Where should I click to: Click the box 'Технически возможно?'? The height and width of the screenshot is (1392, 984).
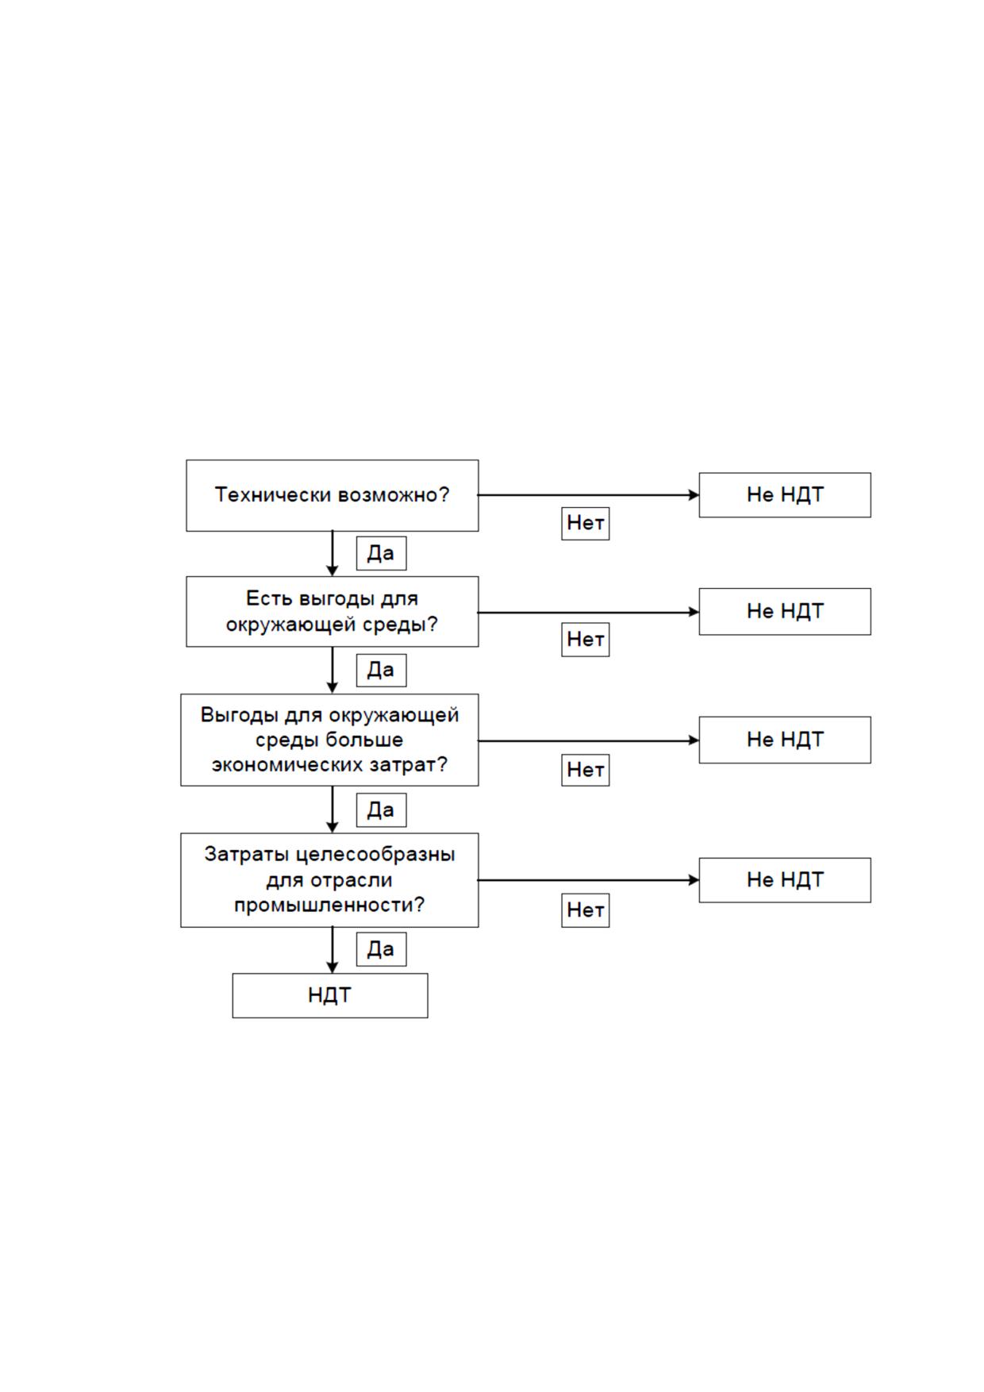click(x=332, y=495)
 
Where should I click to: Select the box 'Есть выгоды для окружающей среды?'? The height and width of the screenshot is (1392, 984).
click(x=332, y=612)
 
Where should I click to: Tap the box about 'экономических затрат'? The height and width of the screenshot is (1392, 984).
click(x=329, y=740)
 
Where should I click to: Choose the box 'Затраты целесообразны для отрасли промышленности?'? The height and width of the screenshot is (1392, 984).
click(x=329, y=880)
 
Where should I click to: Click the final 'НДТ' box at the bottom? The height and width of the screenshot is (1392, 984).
click(x=330, y=995)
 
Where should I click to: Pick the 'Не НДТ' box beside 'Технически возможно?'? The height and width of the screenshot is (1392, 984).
click(x=785, y=495)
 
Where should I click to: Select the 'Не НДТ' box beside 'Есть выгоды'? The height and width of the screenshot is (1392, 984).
click(x=785, y=612)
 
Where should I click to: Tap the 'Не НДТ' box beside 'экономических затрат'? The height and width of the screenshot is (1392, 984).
click(x=785, y=740)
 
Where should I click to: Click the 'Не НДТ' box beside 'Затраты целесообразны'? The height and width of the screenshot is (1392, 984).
click(x=785, y=880)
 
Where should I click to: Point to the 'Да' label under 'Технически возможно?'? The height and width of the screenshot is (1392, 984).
click(x=381, y=553)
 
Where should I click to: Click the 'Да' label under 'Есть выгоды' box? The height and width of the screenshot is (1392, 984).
click(x=381, y=671)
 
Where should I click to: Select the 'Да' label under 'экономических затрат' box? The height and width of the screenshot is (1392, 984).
click(x=381, y=810)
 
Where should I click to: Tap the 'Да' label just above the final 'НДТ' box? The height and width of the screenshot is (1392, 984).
click(x=381, y=949)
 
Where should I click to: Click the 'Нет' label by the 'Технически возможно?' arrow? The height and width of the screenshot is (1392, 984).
click(x=586, y=524)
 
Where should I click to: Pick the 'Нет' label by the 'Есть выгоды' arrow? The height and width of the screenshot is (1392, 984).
click(x=586, y=640)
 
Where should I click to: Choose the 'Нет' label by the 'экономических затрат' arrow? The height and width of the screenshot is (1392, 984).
click(x=586, y=770)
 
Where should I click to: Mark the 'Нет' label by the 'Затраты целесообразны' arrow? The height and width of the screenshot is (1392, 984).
click(x=586, y=910)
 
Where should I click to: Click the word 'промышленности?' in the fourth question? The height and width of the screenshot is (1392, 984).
click(x=329, y=906)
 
